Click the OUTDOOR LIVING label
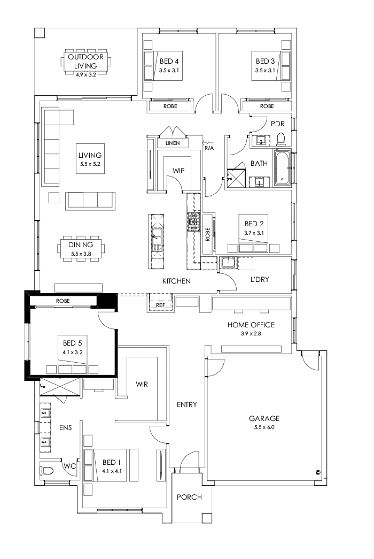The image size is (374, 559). [x=86, y=60]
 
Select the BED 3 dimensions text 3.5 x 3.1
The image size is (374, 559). [x=265, y=70]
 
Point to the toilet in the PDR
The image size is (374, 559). [x=281, y=140]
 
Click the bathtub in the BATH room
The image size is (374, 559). [x=283, y=169]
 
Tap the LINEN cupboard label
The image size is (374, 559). [x=172, y=143]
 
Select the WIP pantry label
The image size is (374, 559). [x=178, y=170]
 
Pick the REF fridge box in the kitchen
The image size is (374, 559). [x=160, y=304]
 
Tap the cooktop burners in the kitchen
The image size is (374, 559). [x=192, y=219]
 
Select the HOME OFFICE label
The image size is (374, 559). [x=251, y=325]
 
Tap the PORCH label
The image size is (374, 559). [x=189, y=497]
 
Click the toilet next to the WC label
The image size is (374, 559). [x=47, y=470]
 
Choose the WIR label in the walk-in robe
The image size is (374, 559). [x=142, y=384]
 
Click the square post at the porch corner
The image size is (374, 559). [x=207, y=517]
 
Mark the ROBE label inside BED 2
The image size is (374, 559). [x=207, y=234]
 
